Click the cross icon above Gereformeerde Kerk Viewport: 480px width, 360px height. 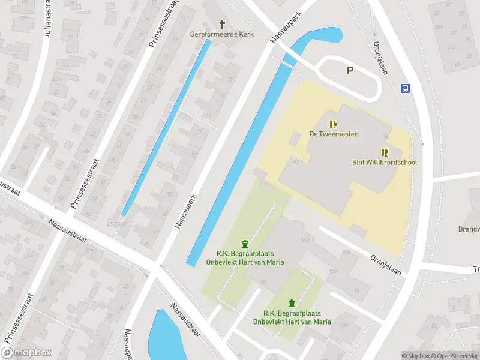(223, 24)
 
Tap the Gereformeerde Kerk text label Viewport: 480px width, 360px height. (223, 34)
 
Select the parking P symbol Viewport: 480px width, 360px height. (350, 71)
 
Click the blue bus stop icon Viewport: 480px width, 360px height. (406, 89)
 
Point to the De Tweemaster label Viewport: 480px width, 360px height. (333, 134)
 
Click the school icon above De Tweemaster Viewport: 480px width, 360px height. (333, 124)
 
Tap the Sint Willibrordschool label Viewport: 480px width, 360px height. (384, 162)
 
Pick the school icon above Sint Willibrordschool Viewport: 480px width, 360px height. (384, 152)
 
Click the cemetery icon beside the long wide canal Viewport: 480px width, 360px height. (245, 243)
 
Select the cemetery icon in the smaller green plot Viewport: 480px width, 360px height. (292, 303)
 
